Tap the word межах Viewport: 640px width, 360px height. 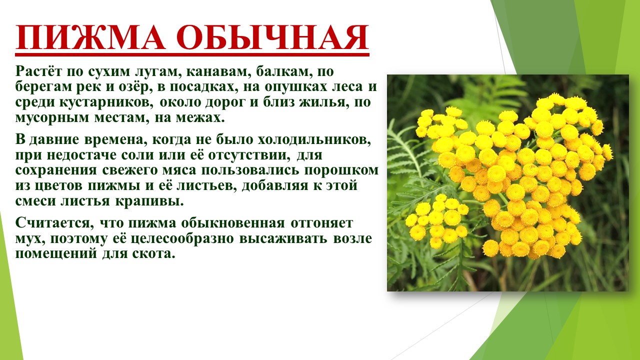click(x=200, y=118)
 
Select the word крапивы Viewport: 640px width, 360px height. click(x=149, y=201)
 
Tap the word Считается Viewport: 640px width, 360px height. click(x=55, y=223)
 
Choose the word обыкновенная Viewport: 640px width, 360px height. click(x=233, y=223)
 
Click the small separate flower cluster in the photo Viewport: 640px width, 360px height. click(x=436, y=220)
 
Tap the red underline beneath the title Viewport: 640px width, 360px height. click(x=192, y=54)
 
